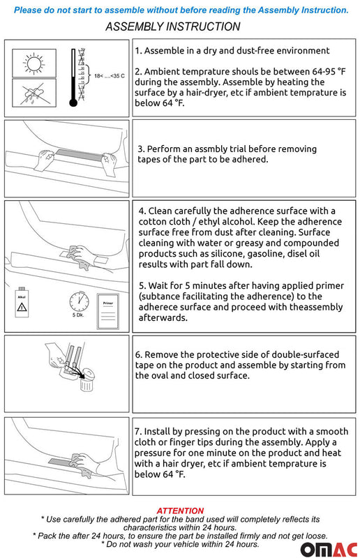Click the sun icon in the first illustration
click(34, 63)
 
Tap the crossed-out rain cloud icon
click(33, 93)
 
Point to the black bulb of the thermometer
click(73, 103)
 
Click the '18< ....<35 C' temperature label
click(110, 76)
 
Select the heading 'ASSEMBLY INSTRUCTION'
click(173, 27)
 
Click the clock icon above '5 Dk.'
click(79, 302)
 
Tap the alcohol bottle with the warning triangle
click(22, 302)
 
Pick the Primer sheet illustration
click(108, 311)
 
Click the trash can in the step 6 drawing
click(87, 380)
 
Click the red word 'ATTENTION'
click(180, 511)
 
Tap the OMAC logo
click(329, 550)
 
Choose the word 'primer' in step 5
click(329, 286)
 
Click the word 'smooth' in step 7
click(332, 431)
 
